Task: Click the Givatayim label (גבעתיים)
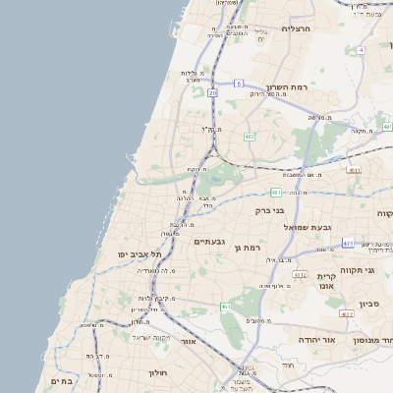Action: [x=210, y=241]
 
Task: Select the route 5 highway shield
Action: [x=238, y=84]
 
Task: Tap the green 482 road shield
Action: [x=251, y=136]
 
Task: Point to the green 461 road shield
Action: [x=226, y=307]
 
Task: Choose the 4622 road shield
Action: [x=347, y=313]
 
